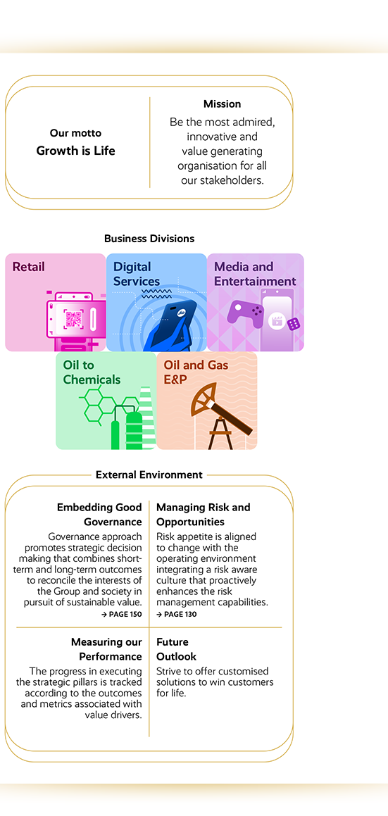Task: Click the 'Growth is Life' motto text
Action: [x=75, y=151]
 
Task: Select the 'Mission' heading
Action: [x=222, y=104]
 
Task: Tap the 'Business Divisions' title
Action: [x=149, y=239]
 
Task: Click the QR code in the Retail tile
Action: [x=73, y=318]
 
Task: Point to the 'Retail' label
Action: [x=29, y=267]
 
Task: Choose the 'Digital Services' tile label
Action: [x=137, y=275]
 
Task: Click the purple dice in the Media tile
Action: [x=294, y=324]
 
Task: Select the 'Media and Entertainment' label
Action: [x=255, y=275]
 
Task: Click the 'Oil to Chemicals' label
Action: [x=92, y=372]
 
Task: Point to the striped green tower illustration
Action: [x=147, y=418]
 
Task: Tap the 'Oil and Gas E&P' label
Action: [x=196, y=372]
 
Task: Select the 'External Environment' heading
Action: [x=149, y=475]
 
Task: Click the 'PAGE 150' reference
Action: [x=122, y=615]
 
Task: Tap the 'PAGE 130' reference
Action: [x=177, y=615]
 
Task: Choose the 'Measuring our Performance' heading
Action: [x=106, y=649]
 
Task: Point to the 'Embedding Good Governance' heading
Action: [x=99, y=515]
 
